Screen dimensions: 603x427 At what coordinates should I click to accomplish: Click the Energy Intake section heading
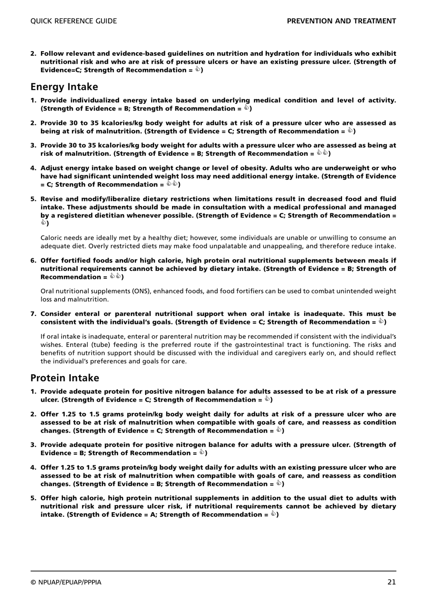[x=64, y=87]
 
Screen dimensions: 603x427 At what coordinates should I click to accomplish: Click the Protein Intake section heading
[x=65, y=378]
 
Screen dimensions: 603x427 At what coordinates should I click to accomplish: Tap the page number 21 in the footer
[x=391, y=582]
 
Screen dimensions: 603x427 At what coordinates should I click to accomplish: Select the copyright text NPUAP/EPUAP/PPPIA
[x=66, y=582]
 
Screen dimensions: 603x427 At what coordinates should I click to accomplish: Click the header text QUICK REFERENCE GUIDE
[x=73, y=21]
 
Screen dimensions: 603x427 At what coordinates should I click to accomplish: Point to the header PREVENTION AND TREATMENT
[x=341, y=21]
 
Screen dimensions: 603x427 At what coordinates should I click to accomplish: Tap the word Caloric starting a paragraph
[x=52, y=238]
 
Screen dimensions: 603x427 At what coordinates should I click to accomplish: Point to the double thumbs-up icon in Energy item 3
[x=322, y=153]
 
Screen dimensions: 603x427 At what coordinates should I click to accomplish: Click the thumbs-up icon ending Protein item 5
[x=273, y=514]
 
